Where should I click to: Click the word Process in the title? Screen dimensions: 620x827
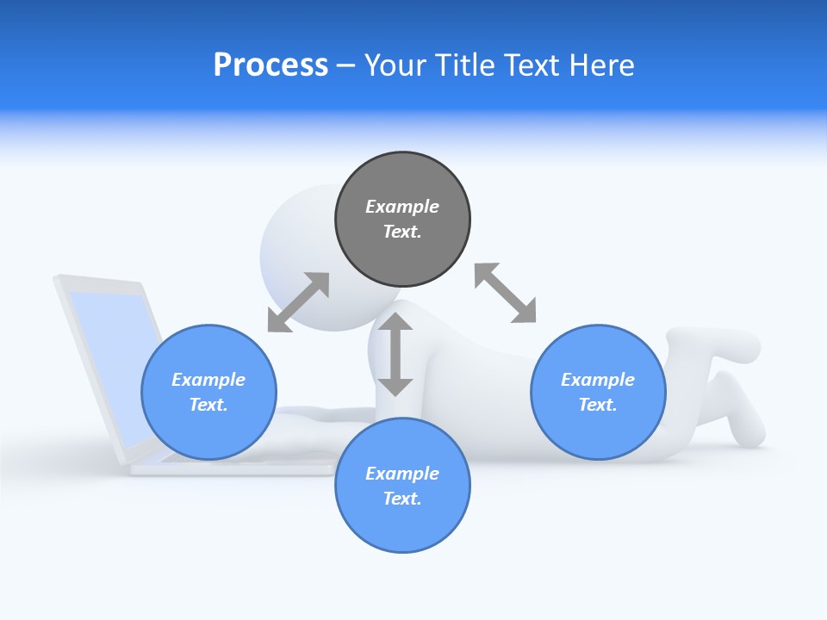(270, 65)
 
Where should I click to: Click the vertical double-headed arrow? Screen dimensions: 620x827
(395, 354)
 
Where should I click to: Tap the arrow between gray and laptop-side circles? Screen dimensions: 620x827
(298, 302)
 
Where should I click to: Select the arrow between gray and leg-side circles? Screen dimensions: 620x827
(505, 293)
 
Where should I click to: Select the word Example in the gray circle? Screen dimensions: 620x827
(402, 207)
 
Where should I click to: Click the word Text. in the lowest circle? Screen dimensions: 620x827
(402, 499)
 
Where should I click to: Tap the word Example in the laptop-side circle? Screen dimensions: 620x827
(208, 380)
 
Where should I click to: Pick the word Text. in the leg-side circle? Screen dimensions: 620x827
(598, 405)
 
